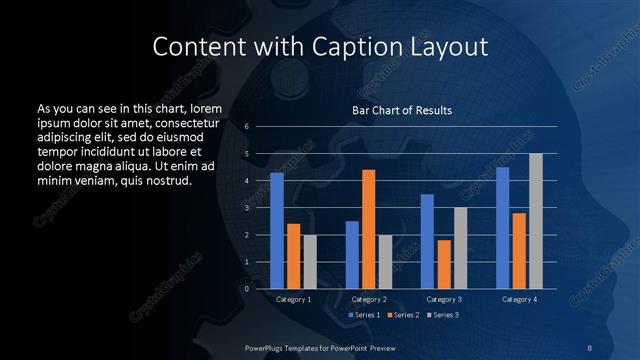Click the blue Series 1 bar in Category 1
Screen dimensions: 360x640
click(x=276, y=231)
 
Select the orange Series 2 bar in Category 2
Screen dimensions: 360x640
click(x=368, y=229)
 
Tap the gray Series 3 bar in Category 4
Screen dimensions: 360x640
click(x=536, y=221)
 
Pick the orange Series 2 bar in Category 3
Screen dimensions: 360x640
click(x=444, y=264)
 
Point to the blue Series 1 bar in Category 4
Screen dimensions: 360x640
click(x=502, y=228)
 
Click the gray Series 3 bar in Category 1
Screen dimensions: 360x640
click(x=309, y=262)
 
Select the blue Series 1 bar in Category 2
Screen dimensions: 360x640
click(x=352, y=255)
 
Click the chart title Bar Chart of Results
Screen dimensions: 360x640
click(x=402, y=110)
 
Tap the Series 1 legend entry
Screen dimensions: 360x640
click(x=364, y=315)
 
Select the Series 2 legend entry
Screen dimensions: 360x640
click(x=402, y=315)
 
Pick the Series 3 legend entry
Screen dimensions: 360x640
click(x=441, y=315)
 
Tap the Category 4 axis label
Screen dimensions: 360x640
click(x=519, y=299)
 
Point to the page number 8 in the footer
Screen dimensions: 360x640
click(x=590, y=347)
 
